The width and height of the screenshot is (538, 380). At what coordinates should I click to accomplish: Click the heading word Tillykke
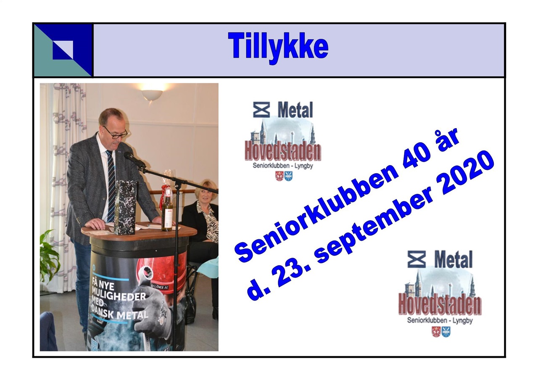tap(278, 48)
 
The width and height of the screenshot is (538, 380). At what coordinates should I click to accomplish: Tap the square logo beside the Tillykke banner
tap(63, 50)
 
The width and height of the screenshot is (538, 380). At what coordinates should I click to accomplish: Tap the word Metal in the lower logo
tap(453, 259)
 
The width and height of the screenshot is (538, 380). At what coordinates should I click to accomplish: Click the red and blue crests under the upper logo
tap(284, 176)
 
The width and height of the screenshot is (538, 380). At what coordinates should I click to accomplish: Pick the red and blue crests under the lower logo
tap(441, 332)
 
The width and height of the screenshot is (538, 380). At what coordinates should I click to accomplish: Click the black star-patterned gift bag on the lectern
tap(125, 208)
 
